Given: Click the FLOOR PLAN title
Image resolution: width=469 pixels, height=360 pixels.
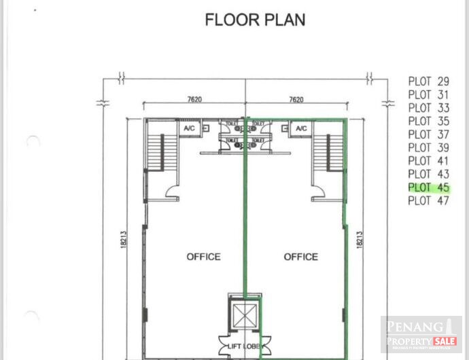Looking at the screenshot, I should coord(255,20).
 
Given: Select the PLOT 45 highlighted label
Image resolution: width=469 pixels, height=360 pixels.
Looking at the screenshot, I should coord(429,187).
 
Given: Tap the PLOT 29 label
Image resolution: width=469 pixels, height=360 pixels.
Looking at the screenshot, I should coord(429,81).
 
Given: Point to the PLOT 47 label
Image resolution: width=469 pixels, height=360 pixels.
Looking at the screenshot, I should coord(429,200).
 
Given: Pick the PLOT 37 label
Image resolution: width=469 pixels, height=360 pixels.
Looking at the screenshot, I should coord(429,134).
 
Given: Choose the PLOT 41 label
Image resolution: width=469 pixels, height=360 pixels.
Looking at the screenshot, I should coord(429,161).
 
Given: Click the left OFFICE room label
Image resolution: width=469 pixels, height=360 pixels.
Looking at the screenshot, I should coord(203,257).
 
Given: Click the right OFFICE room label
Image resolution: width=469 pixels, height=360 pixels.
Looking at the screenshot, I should coord(300,257).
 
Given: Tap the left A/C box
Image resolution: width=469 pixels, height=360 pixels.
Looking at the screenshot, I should coord(188,128).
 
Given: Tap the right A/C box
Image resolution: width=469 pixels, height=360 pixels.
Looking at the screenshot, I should coord(301,128).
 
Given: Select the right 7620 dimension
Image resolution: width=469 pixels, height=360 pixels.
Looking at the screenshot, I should coord(296,99).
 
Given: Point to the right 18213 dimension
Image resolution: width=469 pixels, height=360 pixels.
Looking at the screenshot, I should coord(360,243).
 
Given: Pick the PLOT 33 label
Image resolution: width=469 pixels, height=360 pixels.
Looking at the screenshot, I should coord(429,107).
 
